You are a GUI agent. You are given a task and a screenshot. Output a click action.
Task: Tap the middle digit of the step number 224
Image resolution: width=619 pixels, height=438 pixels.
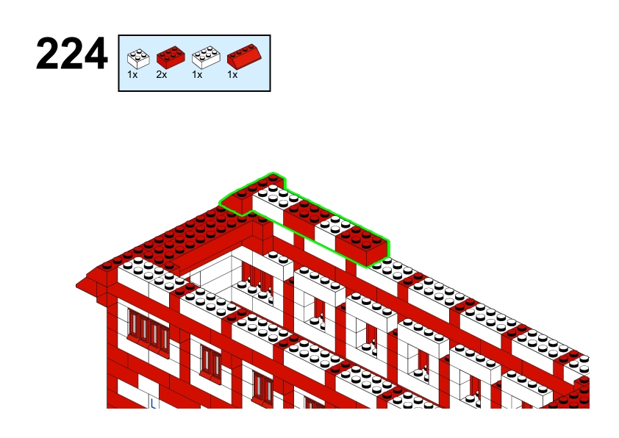[71, 54]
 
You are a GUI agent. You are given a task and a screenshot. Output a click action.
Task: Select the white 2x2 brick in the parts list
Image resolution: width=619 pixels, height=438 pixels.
[138, 58]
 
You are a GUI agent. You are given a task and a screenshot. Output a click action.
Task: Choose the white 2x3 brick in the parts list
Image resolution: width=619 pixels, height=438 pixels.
[206, 57]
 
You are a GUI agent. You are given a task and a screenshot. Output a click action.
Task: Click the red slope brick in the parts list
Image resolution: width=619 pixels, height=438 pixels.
[244, 56]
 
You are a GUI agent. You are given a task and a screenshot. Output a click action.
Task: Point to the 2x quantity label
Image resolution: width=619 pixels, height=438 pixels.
[162, 74]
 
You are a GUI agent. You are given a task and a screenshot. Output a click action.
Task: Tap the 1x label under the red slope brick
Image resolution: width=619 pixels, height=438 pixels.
[232, 74]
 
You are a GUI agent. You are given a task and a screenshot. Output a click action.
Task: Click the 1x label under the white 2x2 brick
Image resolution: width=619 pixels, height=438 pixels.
[132, 74]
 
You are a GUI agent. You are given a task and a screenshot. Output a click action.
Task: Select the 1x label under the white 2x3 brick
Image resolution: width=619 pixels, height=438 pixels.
[197, 74]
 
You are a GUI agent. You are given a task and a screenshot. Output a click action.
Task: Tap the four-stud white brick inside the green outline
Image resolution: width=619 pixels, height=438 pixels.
[331, 231]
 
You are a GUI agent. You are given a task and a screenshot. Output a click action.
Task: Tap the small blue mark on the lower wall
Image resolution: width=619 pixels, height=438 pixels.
[153, 403]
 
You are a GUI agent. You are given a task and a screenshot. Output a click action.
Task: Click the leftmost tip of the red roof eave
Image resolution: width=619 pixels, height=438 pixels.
[76, 286]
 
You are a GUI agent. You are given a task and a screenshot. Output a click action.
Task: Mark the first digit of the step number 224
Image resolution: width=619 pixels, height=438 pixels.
[48, 54]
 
